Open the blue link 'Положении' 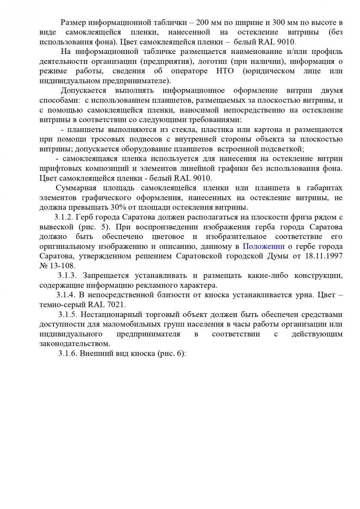[264, 246]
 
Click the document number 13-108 [61, 266]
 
